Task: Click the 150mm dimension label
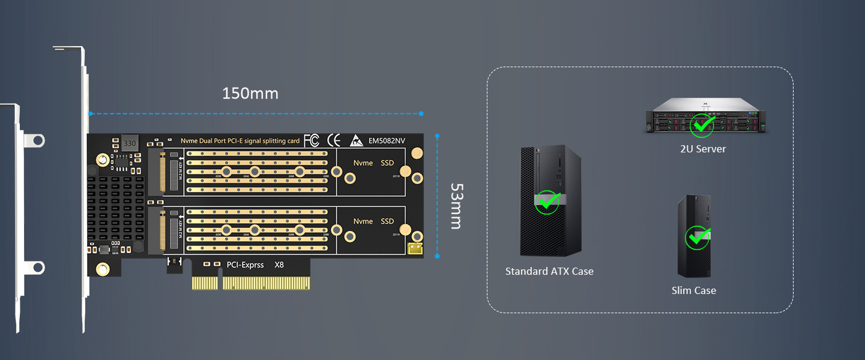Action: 250,94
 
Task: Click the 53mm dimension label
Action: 456,206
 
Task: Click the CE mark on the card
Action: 333,140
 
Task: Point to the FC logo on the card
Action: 311,140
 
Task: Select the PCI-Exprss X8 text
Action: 255,265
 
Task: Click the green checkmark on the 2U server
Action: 701,125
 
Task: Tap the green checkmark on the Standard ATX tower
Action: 547,202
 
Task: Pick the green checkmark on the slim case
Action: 696,238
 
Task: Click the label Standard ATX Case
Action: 549,271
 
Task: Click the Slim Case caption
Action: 693,290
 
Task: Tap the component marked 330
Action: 129,143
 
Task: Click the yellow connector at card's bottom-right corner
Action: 415,248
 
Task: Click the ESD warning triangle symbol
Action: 355,141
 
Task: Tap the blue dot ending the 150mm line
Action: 421,113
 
